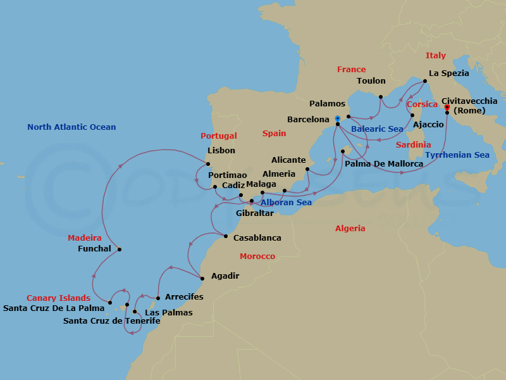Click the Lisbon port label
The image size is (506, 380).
pos(221,151)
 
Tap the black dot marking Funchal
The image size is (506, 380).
pos(120,249)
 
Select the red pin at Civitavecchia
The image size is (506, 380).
pos(447,108)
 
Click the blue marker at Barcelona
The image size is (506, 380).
pos(338,118)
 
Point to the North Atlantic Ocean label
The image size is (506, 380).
pos(71,127)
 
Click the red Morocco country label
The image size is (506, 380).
pos(257,256)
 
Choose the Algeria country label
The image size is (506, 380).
pos(350,229)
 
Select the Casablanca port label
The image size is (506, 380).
pos(257,238)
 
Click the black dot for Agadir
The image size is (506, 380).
pos(202,279)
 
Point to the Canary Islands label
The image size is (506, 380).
pos(58,298)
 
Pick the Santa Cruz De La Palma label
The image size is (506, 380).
pos(54,308)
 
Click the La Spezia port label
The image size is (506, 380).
pos(449,73)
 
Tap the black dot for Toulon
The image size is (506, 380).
pos(381,97)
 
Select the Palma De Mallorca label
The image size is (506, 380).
pos(384,164)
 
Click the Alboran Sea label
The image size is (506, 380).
pos(286,203)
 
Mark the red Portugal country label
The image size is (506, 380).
pos(218,136)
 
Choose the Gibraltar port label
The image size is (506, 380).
pos(255,213)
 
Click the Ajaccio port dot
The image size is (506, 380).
pos(412,115)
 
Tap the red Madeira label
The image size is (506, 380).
pos(85,238)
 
